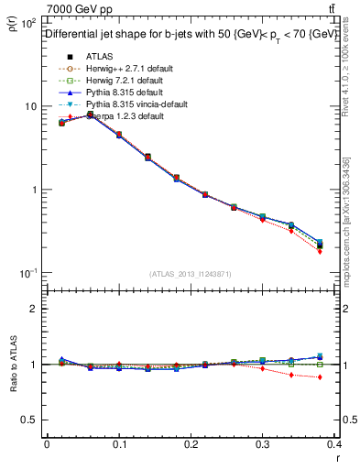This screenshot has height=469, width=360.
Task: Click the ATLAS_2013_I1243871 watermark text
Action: click(191, 274)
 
